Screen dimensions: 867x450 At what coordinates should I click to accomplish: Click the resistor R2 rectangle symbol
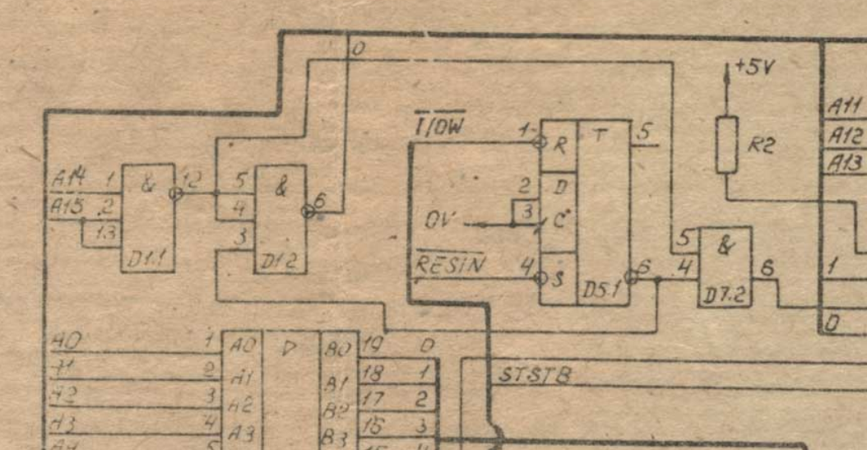726,145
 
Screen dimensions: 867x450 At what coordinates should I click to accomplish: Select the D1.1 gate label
145,260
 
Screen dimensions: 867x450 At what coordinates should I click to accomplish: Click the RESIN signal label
449,265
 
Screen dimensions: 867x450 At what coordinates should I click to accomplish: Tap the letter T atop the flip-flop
600,135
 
